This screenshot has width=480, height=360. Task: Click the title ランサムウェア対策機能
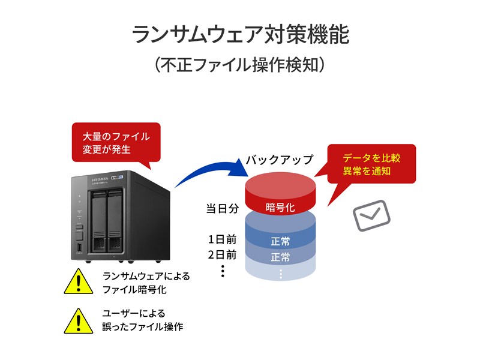[x=240, y=35]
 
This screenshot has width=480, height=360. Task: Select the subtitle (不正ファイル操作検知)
[x=240, y=64]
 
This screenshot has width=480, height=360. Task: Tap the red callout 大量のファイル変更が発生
[x=116, y=142]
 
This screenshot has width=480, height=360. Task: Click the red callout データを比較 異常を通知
[x=371, y=164]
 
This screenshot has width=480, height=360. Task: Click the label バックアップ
[x=280, y=160]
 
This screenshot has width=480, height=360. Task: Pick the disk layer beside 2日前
[x=280, y=257]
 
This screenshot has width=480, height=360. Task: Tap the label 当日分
[x=223, y=209]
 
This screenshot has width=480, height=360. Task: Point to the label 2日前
[x=222, y=254]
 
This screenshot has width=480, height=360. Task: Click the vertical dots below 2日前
[x=222, y=271]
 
